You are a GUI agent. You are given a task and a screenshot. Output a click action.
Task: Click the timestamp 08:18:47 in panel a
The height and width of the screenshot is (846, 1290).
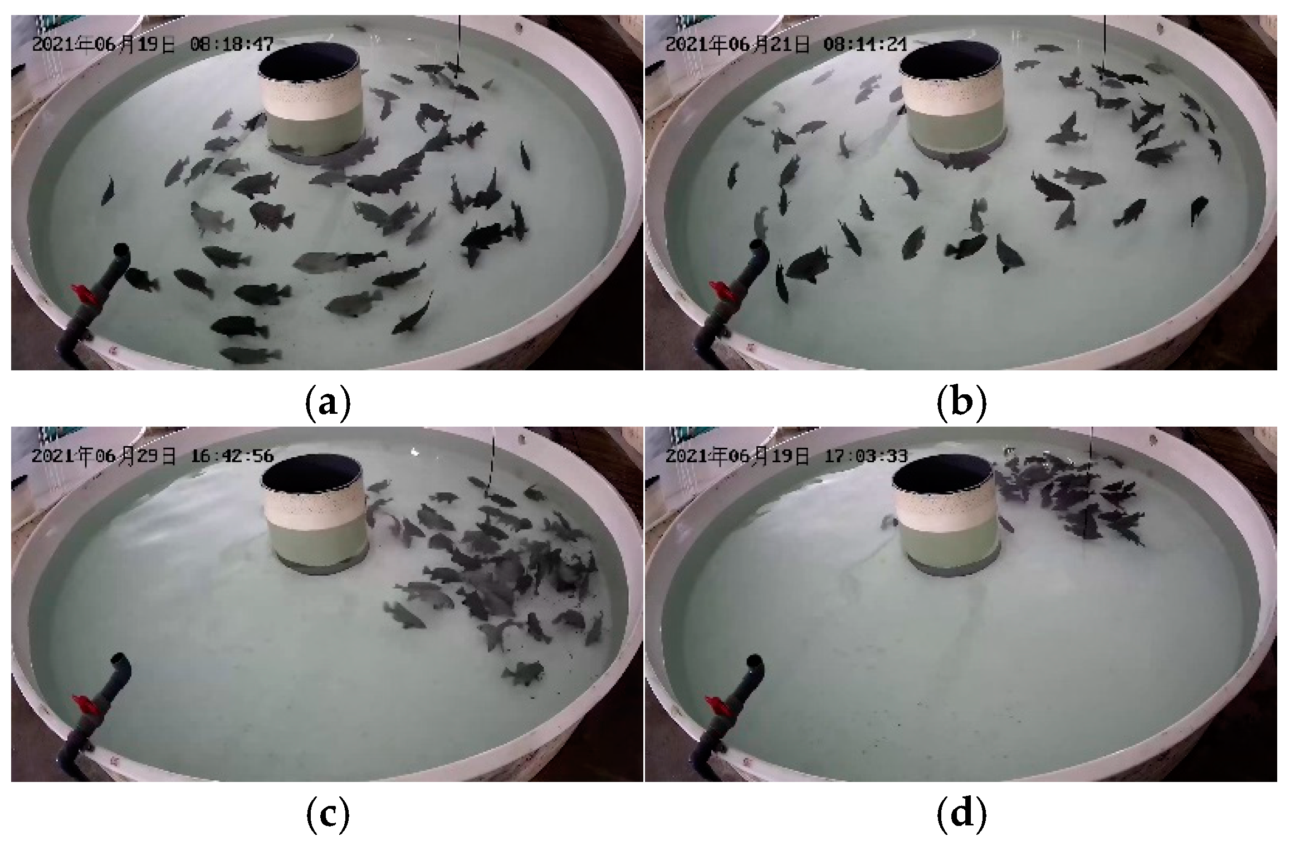tap(232, 44)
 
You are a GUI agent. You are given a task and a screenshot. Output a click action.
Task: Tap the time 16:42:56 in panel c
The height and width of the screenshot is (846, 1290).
tap(232, 456)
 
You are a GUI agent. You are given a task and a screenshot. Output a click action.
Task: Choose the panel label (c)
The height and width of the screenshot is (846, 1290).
tap(328, 814)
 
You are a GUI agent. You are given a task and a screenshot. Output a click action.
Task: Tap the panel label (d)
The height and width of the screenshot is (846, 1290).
tap(961, 814)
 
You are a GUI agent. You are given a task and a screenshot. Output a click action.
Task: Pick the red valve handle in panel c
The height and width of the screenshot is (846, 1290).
tap(84, 705)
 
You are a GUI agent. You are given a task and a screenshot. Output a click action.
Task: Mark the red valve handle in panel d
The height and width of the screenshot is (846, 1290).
tap(718, 705)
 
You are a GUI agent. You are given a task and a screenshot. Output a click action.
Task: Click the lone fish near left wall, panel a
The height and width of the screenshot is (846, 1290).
tap(107, 190)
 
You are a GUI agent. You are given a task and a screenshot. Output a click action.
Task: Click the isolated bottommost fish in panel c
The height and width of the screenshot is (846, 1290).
tap(523, 673)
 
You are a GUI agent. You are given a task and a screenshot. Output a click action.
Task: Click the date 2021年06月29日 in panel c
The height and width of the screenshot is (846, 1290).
tap(104, 456)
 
